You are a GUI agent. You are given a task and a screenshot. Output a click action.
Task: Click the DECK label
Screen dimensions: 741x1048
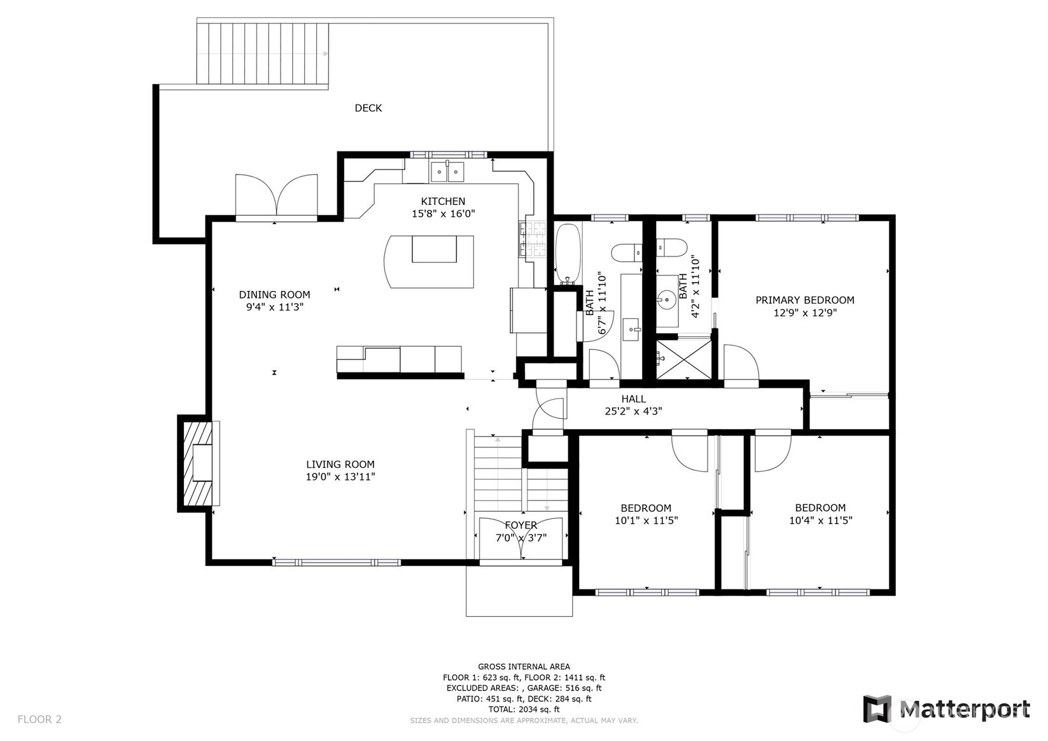click(x=368, y=108)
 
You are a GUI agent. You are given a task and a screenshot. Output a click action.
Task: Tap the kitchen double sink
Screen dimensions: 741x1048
click(x=447, y=171)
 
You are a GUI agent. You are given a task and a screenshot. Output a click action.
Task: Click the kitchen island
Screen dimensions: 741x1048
click(x=431, y=261)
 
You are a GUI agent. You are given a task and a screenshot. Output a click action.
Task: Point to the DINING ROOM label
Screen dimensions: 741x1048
click(x=274, y=295)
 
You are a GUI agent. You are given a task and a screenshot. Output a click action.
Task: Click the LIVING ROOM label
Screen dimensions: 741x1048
click(x=340, y=465)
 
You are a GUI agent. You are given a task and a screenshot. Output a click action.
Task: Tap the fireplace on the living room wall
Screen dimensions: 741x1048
click(x=199, y=463)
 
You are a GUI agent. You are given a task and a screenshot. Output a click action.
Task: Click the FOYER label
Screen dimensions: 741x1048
click(x=521, y=525)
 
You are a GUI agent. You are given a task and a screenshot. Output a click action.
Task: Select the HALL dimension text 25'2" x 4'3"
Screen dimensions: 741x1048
click(x=633, y=411)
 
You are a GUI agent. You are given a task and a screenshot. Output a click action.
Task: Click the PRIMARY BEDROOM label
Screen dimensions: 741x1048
click(x=804, y=300)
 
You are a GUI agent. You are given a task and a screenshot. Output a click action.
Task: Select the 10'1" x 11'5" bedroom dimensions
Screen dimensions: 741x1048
click(x=646, y=520)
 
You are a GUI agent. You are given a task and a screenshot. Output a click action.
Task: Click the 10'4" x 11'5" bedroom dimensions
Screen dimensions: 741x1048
click(x=820, y=520)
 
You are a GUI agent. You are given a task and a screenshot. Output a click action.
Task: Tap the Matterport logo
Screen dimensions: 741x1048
click(x=946, y=709)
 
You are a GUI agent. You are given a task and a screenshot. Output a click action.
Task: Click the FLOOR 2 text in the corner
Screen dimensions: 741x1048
click(x=39, y=719)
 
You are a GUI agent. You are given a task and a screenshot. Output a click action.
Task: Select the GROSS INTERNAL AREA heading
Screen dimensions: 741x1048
click(x=524, y=667)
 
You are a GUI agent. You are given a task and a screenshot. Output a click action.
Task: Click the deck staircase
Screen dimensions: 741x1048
click(x=262, y=53)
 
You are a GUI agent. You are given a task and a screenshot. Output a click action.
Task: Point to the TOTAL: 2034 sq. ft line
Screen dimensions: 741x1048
click(x=524, y=709)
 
